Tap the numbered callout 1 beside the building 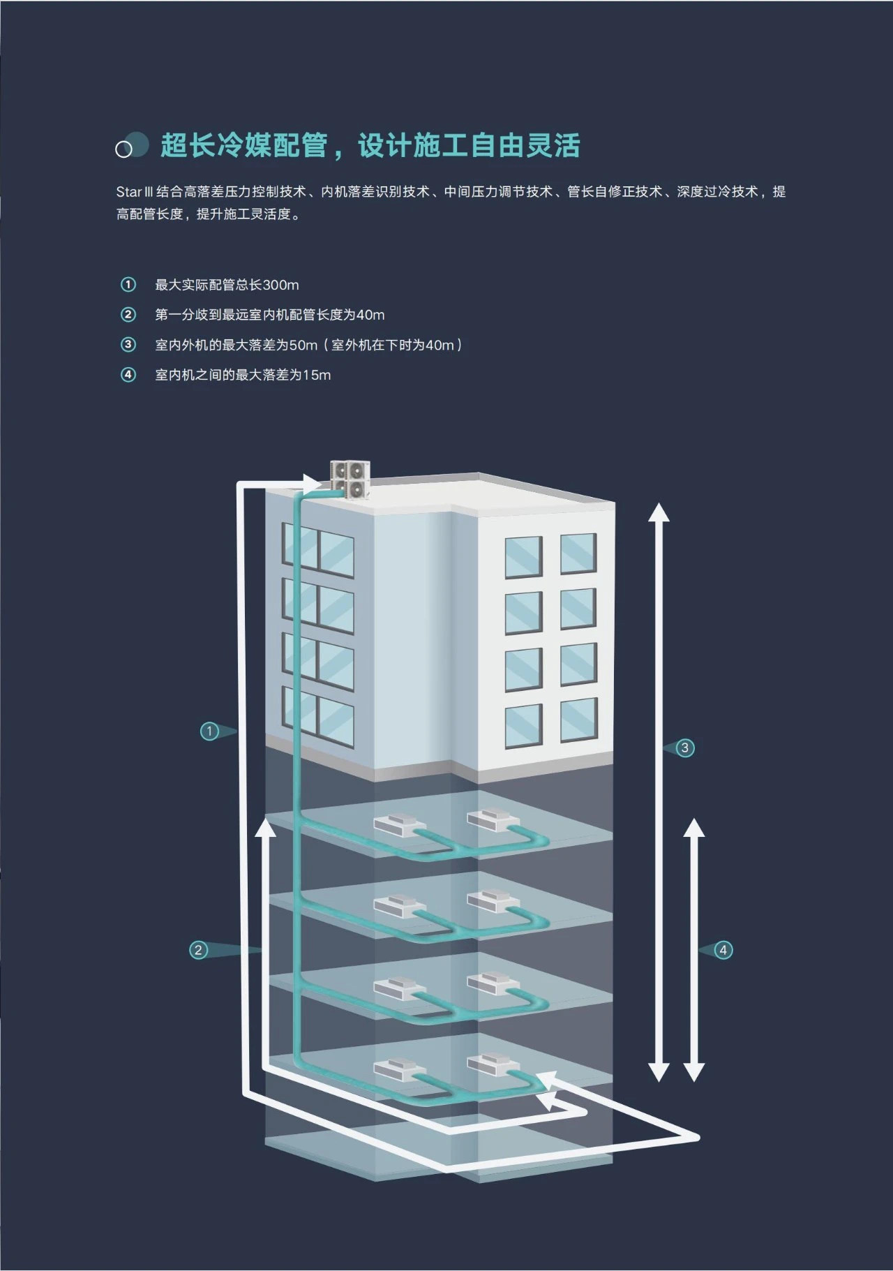pyautogui.click(x=209, y=731)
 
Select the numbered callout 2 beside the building pyautogui.click(x=199, y=949)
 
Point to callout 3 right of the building pyautogui.click(x=684, y=748)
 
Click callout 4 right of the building pyautogui.click(x=723, y=949)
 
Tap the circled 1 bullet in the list pyautogui.click(x=128, y=285)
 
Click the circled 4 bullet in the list pyautogui.click(x=128, y=375)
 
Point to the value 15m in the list pyautogui.click(x=317, y=375)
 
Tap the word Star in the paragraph pyautogui.click(x=128, y=192)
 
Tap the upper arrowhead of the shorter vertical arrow pyautogui.click(x=693, y=827)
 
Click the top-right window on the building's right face pyautogui.click(x=578, y=553)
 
